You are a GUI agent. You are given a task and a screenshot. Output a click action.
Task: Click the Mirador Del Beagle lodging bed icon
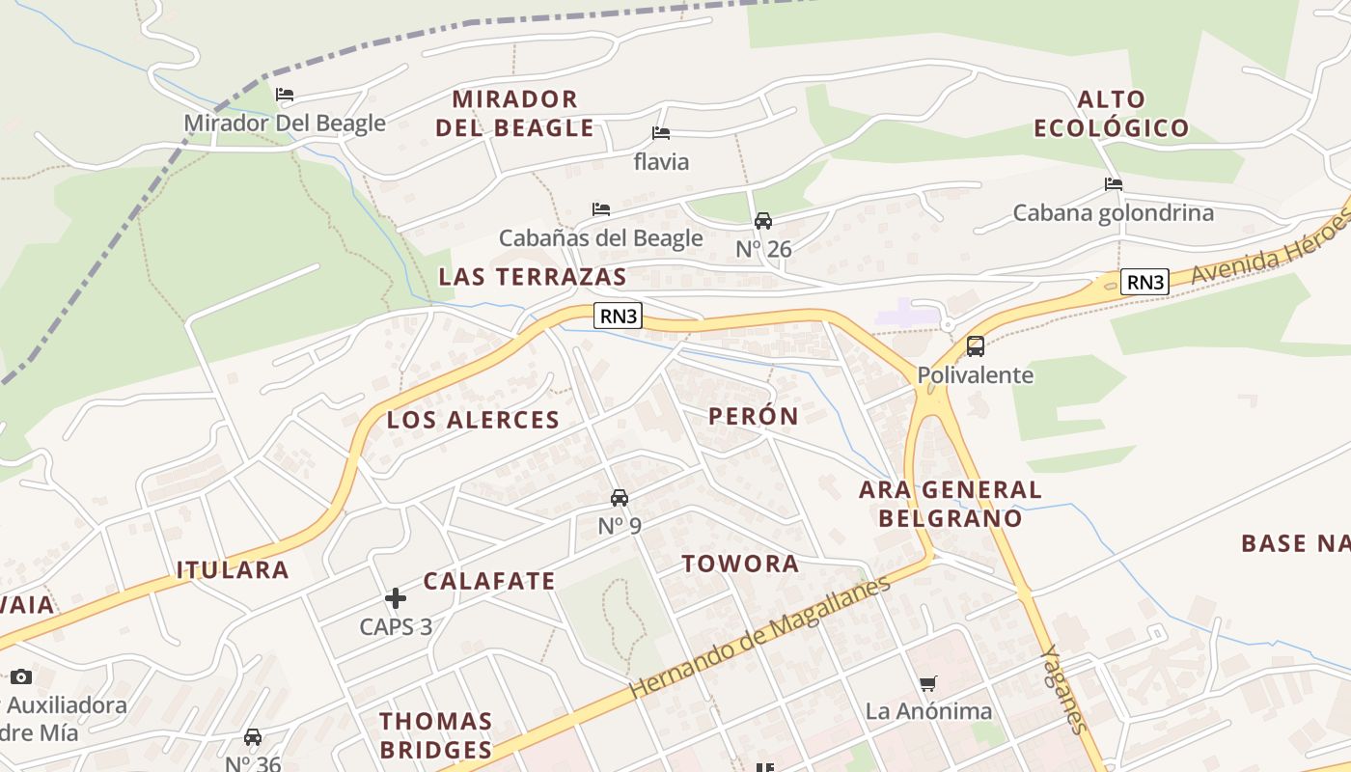coord(284,95)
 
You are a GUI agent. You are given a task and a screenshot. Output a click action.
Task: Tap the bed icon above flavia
coord(661,132)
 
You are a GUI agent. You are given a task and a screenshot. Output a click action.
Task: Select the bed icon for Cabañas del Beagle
coord(601,208)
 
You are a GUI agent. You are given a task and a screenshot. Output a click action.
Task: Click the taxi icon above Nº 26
coord(763,220)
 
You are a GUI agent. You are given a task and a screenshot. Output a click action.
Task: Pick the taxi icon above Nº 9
coord(620,498)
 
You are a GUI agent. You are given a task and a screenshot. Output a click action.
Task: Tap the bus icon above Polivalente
coord(976,346)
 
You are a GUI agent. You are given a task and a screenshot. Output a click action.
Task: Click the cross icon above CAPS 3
coord(395,598)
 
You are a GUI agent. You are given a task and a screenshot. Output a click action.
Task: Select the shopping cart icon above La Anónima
coord(928,683)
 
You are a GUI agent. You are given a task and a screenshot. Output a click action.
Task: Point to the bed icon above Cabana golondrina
coord(1114,183)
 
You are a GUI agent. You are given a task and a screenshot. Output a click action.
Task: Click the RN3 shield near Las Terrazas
coord(618,316)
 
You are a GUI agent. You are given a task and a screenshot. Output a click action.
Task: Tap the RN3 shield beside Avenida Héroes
coord(1145,282)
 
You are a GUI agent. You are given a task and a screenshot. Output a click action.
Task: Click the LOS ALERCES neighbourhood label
coord(473,420)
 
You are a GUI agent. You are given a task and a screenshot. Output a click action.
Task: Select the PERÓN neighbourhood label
coord(754,416)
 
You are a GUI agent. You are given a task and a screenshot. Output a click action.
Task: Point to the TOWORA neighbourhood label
coord(741,564)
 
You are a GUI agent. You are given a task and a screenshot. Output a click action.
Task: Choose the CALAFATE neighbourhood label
coord(489,581)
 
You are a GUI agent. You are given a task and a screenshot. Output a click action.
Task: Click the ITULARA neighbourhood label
coord(233,569)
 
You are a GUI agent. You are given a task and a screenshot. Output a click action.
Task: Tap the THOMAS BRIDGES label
coord(436,735)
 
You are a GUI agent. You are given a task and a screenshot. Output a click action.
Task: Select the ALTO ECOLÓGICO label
coord(1112,113)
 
